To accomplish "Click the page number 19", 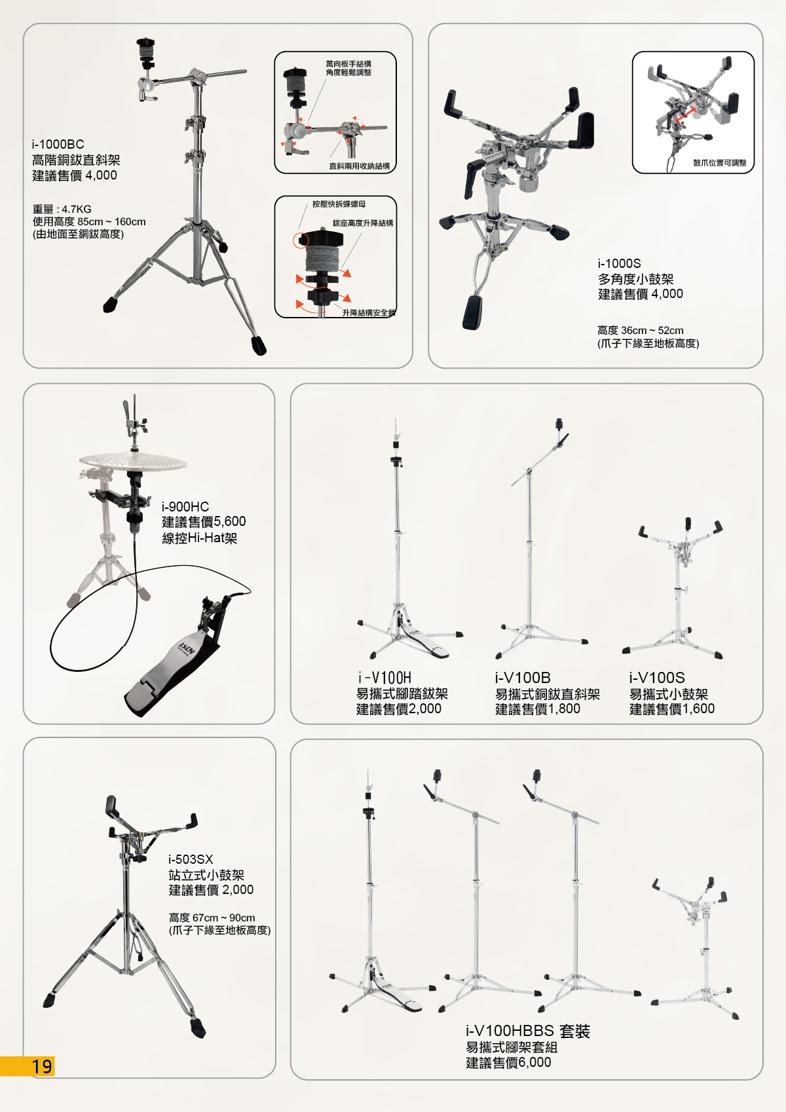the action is point(42,1066).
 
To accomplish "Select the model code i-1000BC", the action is point(58,145).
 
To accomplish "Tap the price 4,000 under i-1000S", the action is point(667,294).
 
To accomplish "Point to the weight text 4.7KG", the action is point(77,209).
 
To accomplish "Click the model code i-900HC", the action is point(185,506).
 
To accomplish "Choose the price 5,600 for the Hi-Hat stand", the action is point(230,521).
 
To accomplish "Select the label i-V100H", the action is point(384,678).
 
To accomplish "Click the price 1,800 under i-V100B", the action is point(564,709).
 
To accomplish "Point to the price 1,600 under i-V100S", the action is point(699,709).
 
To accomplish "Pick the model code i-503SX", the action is point(191,859).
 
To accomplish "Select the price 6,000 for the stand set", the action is point(534,1062).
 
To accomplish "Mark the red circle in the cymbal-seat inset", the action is point(301,241).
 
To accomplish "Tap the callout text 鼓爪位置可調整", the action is point(719,163).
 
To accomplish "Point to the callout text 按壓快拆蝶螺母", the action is point(339,204).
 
